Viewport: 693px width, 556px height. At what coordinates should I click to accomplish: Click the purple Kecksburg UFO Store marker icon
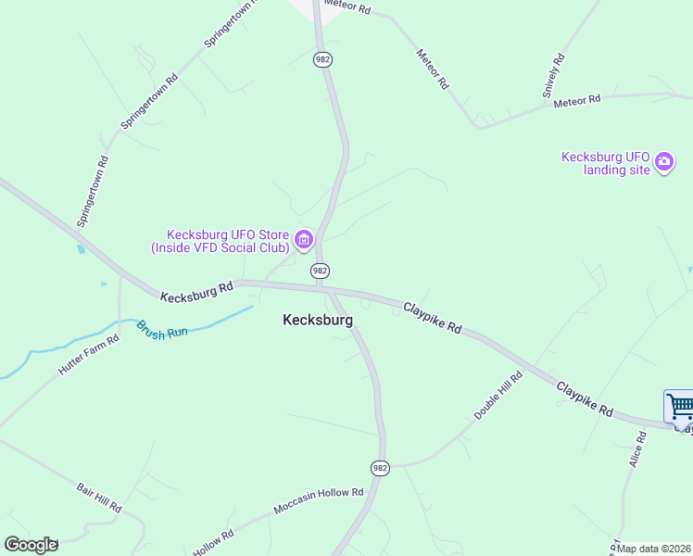(x=303, y=242)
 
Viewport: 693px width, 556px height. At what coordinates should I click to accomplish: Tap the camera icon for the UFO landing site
(x=663, y=163)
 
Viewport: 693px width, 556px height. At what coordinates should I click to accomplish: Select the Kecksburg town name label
(x=317, y=320)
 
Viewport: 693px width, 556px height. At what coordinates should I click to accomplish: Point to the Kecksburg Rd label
(x=196, y=293)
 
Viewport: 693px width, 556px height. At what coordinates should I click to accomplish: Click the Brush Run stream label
(x=163, y=331)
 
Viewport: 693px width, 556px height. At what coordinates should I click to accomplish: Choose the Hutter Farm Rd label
(x=89, y=354)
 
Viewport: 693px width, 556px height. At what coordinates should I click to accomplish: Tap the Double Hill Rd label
(x=499, y=397)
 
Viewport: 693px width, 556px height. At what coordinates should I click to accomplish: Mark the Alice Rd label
(x=636, y=449)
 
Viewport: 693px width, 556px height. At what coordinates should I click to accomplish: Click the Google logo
(x=31, y=545)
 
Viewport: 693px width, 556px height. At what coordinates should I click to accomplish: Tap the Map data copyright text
(x=654, y=549)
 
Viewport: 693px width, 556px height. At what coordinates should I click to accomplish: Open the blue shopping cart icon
(x=679, y=407)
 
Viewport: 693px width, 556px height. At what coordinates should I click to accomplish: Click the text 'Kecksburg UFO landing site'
(x=606, y=164)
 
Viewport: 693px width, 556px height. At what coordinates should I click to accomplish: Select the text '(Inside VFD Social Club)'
(x=220, y=247)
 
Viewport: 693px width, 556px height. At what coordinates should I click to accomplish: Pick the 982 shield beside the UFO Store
(x=320, y=271)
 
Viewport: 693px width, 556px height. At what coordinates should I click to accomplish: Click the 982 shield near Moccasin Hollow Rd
(x=380, y=468)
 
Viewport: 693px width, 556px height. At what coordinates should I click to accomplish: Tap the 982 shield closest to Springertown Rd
(x=322, y=59)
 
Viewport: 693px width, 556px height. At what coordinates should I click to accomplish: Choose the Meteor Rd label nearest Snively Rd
(x=577, y=100)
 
